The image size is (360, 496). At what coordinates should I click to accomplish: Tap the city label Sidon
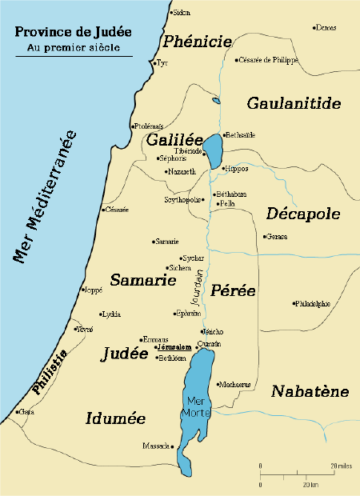(x=183, y=14)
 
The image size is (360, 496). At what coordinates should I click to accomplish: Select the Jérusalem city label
(x=173, y=347)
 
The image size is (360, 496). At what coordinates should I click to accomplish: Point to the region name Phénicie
(x=198, y=42)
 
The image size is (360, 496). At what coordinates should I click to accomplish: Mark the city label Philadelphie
(x=314, y=304)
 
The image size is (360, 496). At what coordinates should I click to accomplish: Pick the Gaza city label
(x=26, y=412)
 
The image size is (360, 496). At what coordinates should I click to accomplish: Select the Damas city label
(x=325, y=28)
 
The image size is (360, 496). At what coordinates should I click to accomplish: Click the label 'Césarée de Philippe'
(x=268, y=60)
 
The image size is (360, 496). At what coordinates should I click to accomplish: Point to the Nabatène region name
(x=310, y=391)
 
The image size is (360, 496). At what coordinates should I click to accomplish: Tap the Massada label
(x=155, y=446)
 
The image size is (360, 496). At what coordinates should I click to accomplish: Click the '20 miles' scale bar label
(x=340, y=465)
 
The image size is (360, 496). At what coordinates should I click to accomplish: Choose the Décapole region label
(x=303, y=214)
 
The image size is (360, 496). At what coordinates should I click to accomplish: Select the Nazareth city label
(x=179, y=171)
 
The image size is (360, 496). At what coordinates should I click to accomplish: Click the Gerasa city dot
(x=265, y=236)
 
